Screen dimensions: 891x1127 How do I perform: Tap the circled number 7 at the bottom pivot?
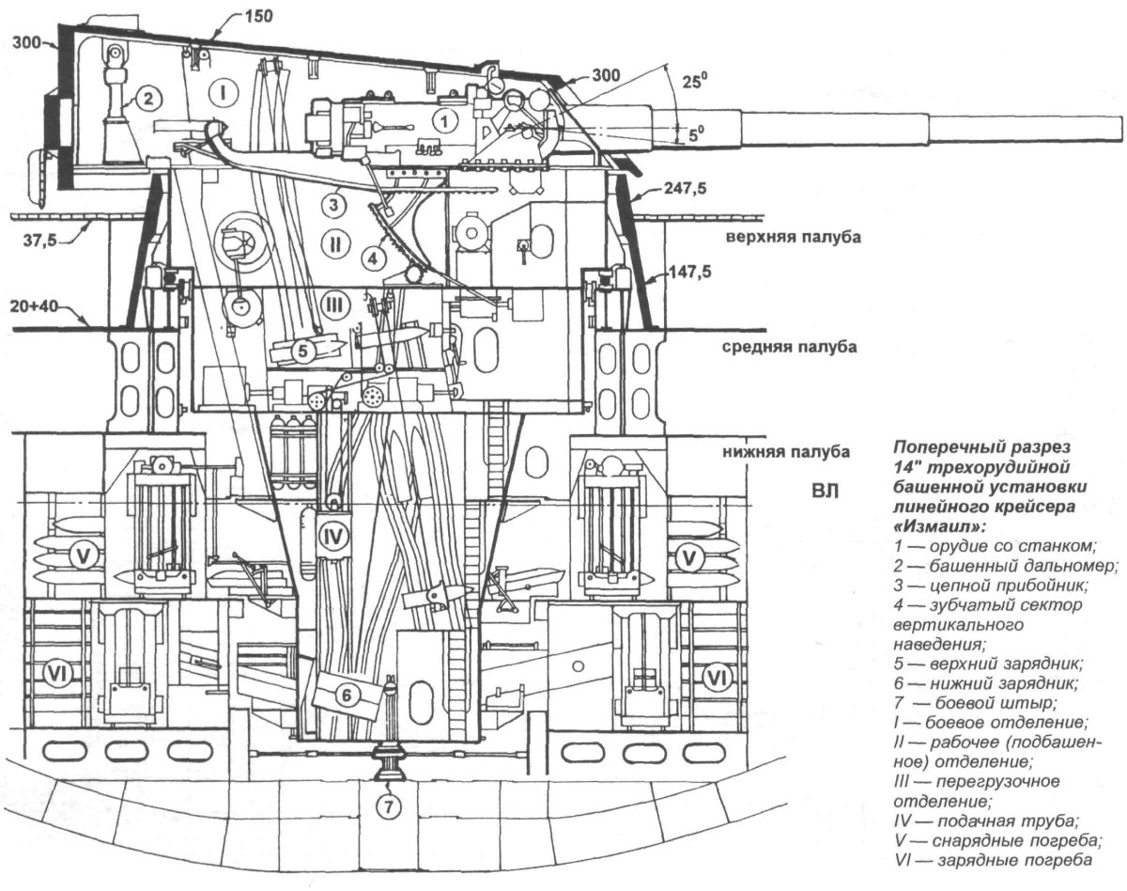(389, 805)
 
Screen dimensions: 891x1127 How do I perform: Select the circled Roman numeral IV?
(332, 536)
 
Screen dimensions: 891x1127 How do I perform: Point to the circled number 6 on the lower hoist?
(346, 696)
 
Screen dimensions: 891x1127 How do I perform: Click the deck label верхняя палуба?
(793, 238)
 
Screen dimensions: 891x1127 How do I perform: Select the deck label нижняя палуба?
(786, 452)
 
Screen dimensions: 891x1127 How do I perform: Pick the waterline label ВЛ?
(824, 490)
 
